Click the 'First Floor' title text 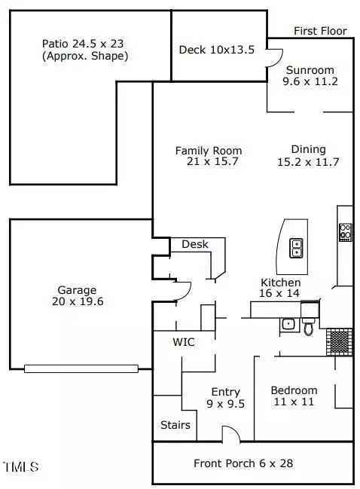pos(320,31)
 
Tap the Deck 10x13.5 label pos(217,50)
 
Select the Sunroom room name pos(310,70)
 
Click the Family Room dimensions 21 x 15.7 pos(212,161)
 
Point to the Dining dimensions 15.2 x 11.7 pos(308,162)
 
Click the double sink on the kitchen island pos(296,248)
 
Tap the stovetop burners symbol pos(346,232)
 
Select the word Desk pos(195,244)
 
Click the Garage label pos(77,290)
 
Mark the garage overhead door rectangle pos(81,368)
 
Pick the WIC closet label pos(184,342)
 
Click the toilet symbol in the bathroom pos(309,326)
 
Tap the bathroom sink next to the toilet pos(289,324)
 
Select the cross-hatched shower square pos(340,342)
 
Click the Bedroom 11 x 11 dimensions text pos(294,402)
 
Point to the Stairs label pos(175,425)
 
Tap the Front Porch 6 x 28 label pos(243,463)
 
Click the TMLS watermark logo pos(21,467)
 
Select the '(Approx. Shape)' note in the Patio pos(85,57)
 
